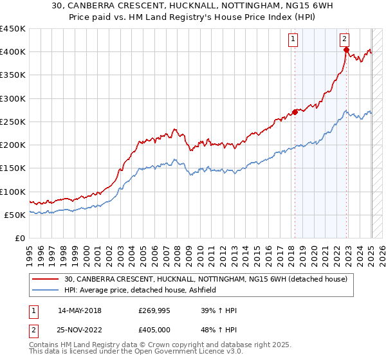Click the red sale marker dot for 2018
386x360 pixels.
(x=295, y=112)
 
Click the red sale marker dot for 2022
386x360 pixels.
(x=346, y=50)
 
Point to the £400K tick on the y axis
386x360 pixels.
(x=13, y=52)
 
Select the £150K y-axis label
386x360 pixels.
(x=13, y=168)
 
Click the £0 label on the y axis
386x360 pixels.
(x=19, y=239)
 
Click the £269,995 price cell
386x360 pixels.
(x=153, y=310)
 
